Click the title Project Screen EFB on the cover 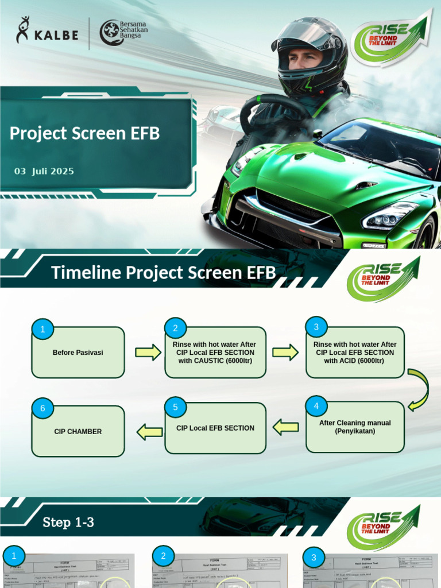[84, 133]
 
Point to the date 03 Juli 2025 [44, 171]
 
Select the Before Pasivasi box [78, 353]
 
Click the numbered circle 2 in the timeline [176, 328]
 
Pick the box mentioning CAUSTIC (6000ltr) [215, 353]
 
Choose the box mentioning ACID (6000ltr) [354, 353]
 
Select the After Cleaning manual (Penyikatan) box [355, 427]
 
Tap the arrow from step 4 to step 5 [285, 427]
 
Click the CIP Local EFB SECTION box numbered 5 [215, 428]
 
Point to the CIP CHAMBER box [78, 431]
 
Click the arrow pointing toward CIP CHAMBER [150, 431]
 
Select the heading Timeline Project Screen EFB [163, 272]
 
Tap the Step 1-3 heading [68, 523]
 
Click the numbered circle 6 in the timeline [42, 409]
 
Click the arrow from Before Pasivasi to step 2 [148, 352]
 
